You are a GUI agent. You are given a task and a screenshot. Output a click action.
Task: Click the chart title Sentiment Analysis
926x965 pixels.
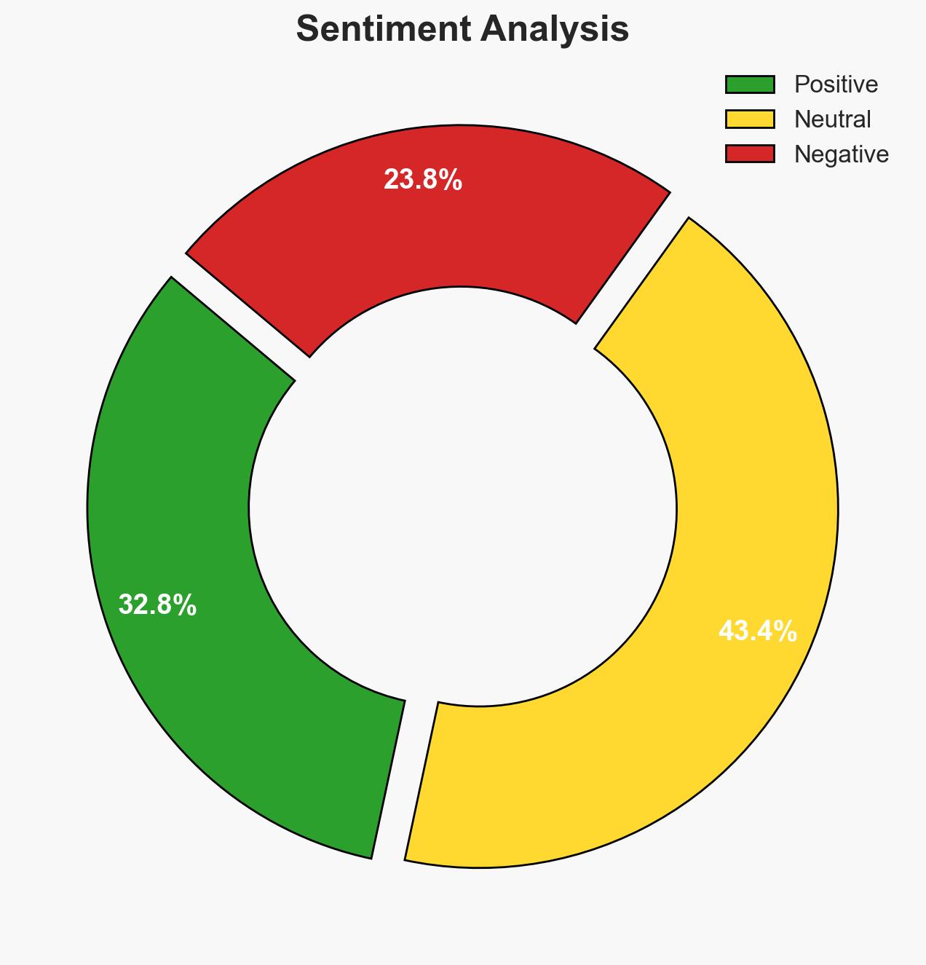click(x=462, y=30)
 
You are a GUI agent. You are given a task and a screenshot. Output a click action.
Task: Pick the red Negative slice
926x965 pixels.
click(x=437, y=233)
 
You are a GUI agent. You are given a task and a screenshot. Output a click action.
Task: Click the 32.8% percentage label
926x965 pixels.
click(x=157, y=605)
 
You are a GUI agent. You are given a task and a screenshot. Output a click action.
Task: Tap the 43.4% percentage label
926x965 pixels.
click(x=757, y=631)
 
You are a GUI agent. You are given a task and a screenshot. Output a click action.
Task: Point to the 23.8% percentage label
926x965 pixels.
click(x=422, y=180)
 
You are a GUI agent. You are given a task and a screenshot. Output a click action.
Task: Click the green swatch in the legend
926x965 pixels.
click(x=750, y=84)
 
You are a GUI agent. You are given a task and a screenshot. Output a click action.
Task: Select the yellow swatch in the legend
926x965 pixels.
click(x=750, y=119)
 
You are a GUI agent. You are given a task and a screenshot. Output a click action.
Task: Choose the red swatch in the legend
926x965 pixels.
click(x=750, y=154)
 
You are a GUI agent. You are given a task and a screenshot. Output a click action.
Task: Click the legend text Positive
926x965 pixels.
click(x=836, y=84)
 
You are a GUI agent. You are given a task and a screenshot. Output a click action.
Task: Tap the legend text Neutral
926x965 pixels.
click(x=832, y=119)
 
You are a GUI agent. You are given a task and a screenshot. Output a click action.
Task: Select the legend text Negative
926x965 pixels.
click(x=841, y=154)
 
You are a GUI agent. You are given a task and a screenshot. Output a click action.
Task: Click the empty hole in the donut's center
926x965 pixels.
click(x=463, y=503)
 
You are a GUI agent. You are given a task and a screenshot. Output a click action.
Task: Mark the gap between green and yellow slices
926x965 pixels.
click(x=405, y=779)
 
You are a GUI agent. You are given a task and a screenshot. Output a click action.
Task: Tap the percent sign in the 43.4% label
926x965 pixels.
click(x=785, y=631)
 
